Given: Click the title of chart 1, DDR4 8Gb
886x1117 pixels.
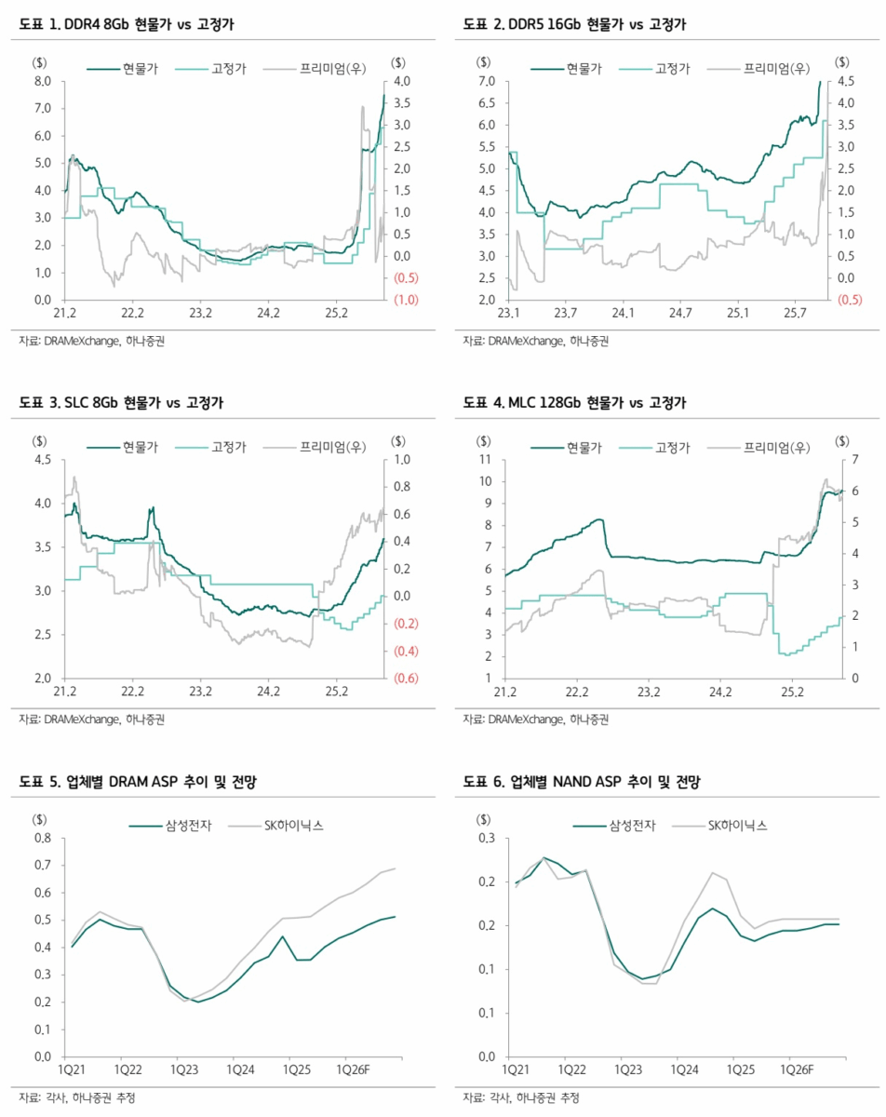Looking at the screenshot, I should (126, 24).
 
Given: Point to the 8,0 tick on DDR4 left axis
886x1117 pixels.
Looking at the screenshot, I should (41, 82).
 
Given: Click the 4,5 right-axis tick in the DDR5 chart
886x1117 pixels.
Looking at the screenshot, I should (844, 82).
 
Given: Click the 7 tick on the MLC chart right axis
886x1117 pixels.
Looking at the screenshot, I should (843, 460).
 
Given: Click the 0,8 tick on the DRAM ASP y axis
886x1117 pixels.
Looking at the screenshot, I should (41, 839).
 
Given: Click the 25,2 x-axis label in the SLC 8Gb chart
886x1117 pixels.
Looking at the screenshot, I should (336, 692).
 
